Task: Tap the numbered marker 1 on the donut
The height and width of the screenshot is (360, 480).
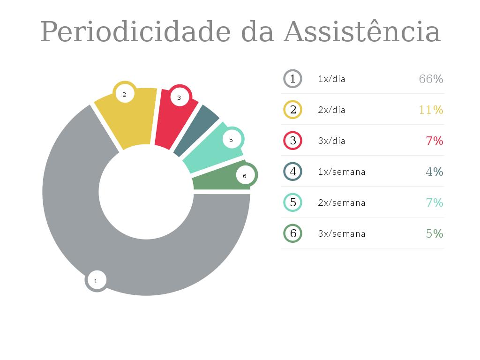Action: (x=96, y=281)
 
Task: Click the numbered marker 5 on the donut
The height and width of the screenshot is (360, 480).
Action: (x=231, y=139)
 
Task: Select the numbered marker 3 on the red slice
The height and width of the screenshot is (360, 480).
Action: (x=179, y=97)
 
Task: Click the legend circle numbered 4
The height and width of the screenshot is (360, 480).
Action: (x=293, y=172)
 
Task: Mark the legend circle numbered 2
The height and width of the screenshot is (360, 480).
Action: (x=293, y=110)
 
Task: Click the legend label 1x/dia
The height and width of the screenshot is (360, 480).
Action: (x=331, y=79)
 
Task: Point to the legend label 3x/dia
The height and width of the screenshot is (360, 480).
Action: (x=331, y=141)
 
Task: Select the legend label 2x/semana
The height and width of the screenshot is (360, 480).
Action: (x=341, y=202)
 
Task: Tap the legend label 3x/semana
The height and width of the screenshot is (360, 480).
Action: (x=341, y=233)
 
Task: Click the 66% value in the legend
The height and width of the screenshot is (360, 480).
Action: (x=431, y=79)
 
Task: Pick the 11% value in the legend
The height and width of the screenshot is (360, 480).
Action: (x=431, y=110)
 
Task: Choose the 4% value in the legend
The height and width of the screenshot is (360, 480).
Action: (x=434, y=172)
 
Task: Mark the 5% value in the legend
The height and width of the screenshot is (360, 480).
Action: (x=434, y=233)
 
